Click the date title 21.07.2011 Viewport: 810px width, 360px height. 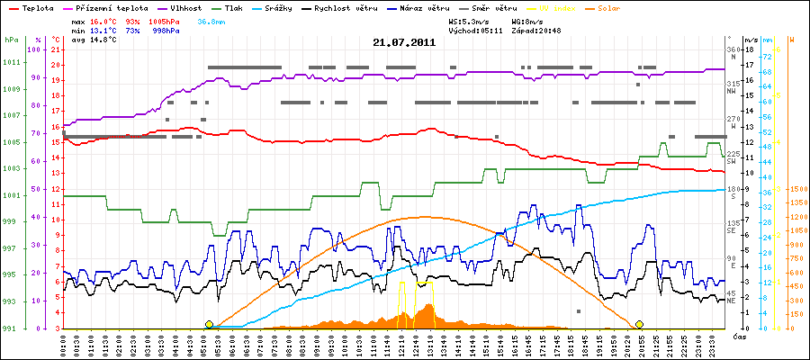tap(404, 42)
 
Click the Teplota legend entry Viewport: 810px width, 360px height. tap(36, 6)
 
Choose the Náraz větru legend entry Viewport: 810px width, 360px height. tap(426, 6)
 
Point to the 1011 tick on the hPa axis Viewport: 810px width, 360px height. tap(12, 62)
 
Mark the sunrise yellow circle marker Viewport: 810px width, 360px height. tap(210, 324)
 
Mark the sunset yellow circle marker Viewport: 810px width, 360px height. tap(639, 324)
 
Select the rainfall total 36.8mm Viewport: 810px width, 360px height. tap(212, 20)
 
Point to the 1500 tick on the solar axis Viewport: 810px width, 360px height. tap(796, 189)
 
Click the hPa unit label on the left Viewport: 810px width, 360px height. tap(10, 40)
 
